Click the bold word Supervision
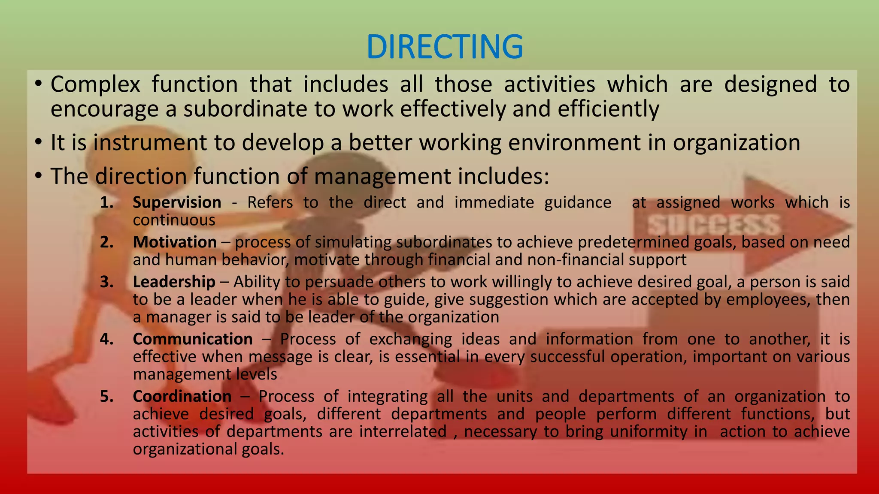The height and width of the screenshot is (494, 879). tap(177, 202)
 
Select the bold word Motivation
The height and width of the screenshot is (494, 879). tap(175, 242)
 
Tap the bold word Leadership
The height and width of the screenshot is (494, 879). tap(174, 282)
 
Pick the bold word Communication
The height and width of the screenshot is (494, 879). tap(193, 339)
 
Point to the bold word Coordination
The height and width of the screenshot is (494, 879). tap(182, 396)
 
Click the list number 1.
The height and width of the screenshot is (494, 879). tap(106, 202)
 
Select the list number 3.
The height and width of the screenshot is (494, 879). tap(106, 282)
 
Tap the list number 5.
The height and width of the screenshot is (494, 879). tap(106, 396)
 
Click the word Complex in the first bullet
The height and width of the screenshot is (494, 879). tap(95, 84)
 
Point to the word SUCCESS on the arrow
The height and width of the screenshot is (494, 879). tap(713, 225)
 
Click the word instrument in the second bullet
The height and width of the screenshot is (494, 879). tap(150, 143)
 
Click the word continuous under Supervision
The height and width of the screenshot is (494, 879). tap(174, 220)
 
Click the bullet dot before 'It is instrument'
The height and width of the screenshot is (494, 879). tap(39, 142)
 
